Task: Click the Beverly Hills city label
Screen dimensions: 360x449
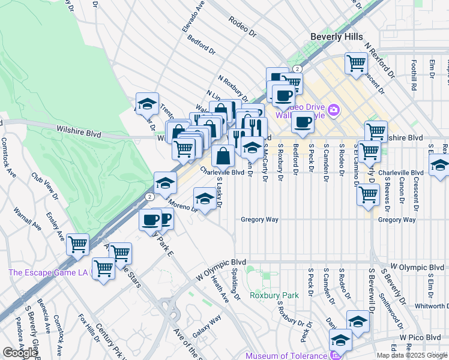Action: click(x=336, y=37)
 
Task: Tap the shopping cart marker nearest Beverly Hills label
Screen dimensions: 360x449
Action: click(x=356, y=62)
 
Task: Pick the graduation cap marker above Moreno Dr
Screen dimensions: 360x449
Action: click(x=165, y=183)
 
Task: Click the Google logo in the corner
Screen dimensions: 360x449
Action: click(x=19, y=353)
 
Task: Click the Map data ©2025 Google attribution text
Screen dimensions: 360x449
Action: click(x=411, y=355)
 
